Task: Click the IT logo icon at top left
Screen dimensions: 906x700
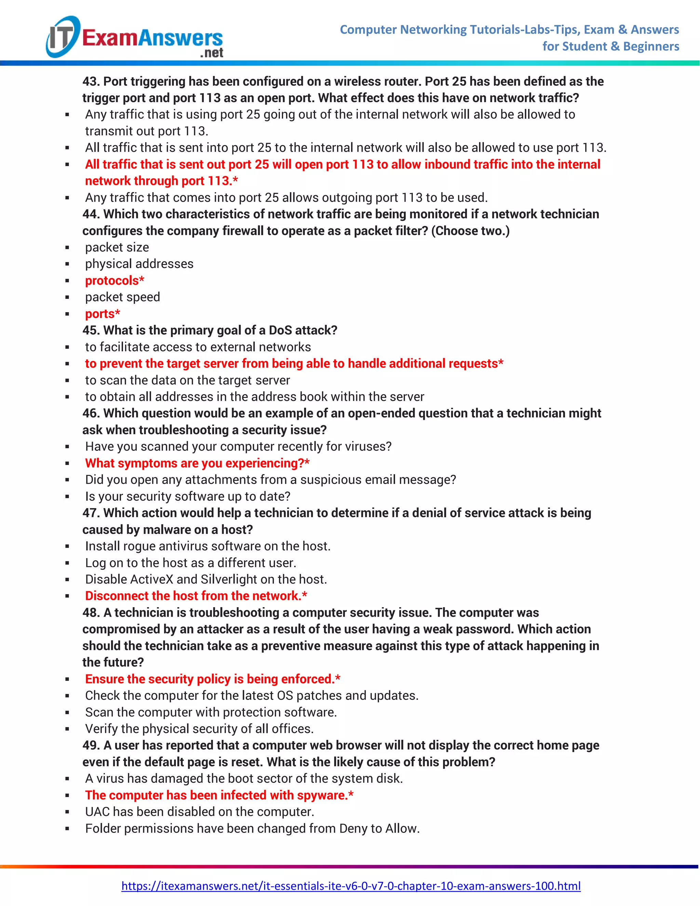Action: (x=62, y=37)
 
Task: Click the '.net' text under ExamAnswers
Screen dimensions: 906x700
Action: (x=212, y=53)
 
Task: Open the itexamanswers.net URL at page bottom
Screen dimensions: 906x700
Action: (x=350, y=886)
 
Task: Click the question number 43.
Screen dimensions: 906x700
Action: (x=90, y=81)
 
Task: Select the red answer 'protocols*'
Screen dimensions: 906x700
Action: (x=115, y=280)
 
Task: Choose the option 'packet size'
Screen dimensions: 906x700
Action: (x=117, y=247)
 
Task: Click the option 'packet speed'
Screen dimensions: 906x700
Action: (x=122, y=297)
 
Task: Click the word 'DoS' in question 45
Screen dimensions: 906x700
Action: (x=280, y=330)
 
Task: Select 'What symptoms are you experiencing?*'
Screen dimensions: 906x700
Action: (x=197, y=463)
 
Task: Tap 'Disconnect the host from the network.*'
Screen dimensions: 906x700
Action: (x=196, y=596)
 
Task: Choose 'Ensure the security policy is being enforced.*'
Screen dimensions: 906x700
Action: (x=212, y=679)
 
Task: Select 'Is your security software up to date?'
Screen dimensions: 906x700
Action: (x=187, y=496)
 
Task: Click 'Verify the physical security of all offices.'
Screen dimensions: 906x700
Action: (x=199, y=729)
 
